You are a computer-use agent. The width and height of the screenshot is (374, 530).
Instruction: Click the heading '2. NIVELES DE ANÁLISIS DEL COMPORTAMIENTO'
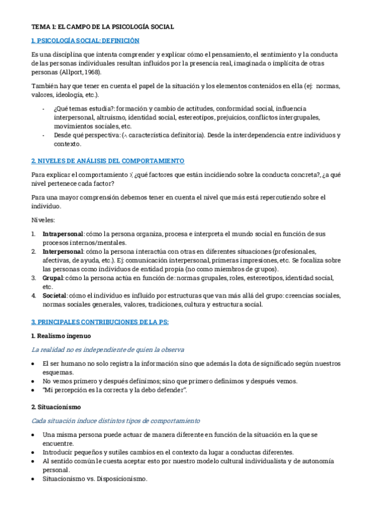(x=108, y=161)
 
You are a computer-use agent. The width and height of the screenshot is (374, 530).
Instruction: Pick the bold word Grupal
(x=52, y=277)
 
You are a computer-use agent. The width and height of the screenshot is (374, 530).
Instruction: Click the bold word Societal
(x=54, y=296)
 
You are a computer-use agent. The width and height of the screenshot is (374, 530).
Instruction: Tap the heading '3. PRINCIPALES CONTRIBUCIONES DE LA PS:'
(x=100, y=322)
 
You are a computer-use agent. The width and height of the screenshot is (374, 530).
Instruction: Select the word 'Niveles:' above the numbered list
(x=43, y=220)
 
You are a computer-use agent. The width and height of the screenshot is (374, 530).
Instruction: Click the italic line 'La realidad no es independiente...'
(x=107, y=349)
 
